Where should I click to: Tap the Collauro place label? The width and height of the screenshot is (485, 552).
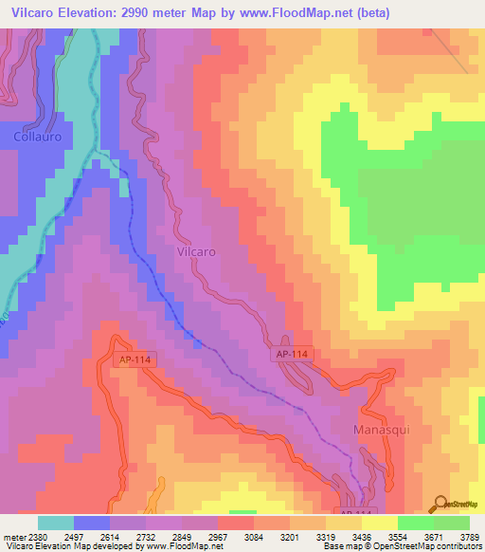pyautogui.click(x=37, y=137)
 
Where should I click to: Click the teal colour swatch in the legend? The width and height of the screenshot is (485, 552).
pyautogui.click(x=56, y=522)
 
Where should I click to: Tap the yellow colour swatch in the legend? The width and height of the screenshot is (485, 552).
pyautogui.click(x=379, y=522)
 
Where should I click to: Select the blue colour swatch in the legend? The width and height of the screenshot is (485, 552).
pyautogui.click(x=92, y=522)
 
